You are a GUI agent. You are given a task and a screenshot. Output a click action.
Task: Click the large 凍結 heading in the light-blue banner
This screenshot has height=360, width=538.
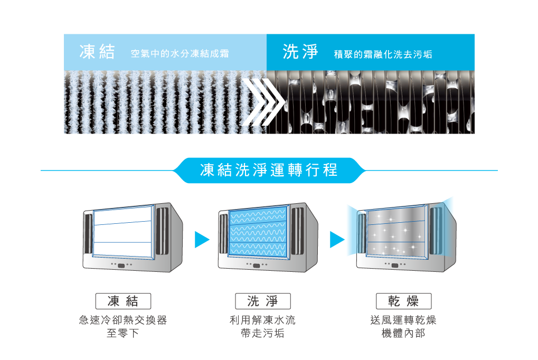(x=97, y=52)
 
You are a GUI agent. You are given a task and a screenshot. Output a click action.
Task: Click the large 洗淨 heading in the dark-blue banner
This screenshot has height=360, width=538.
(x=300, y=52)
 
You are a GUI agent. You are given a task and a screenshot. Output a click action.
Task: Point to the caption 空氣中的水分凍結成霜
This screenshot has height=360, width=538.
(x=180, y=54)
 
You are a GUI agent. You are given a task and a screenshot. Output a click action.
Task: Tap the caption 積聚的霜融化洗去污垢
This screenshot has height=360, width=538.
(x=383, y=54)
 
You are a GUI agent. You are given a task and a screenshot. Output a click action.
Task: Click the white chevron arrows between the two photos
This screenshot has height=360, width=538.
(x=262, y=102)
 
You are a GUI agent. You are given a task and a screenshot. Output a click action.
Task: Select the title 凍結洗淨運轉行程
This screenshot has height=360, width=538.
(x=269, y=170)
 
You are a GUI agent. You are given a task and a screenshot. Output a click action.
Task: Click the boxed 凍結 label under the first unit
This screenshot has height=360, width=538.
(x=123, y=301)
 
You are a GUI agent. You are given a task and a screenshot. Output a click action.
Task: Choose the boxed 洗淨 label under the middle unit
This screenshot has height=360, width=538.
(x=262, y=301)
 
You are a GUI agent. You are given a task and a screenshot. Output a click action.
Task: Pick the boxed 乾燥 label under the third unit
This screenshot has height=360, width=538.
(x=403, y=301)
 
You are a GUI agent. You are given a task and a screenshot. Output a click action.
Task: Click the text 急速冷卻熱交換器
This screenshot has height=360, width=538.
(x=123, y=320)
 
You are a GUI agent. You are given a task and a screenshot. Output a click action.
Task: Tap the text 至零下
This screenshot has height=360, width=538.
(x=123, y=334)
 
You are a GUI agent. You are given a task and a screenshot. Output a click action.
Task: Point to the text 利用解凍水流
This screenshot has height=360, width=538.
(x=262, y=320)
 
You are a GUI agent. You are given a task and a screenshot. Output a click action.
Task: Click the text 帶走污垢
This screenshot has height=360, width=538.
(x=262, y=334)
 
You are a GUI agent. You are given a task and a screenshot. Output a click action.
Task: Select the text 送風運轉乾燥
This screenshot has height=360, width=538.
(x=403, y=320)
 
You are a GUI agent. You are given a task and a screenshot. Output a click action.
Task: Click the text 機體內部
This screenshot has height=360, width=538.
(x=403, y=334)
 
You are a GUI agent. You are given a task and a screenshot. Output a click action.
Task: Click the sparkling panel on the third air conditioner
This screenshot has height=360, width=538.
(x=396, y=231)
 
